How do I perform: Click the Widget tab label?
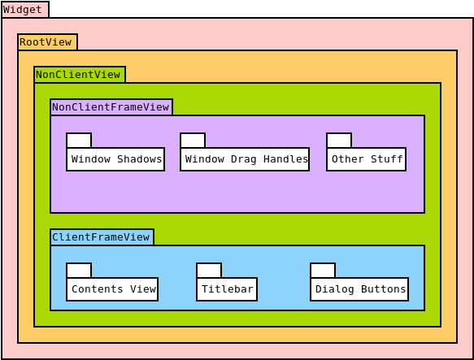24,10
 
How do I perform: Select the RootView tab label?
47,42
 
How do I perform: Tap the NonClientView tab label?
79,75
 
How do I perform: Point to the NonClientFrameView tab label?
111,107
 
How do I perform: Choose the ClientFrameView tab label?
102,237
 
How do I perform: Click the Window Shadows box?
115,159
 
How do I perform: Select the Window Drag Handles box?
245,159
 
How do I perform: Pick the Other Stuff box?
366,159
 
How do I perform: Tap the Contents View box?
112,289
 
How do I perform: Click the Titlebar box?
227,289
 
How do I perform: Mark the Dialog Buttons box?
359,289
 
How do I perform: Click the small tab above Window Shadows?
79,141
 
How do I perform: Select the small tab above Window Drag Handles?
193,141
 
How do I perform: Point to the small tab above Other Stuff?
339,141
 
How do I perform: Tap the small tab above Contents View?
79,271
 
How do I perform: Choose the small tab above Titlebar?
209,271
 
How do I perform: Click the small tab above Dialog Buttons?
323,271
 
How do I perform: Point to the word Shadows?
140,159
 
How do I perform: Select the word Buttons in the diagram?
384,289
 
